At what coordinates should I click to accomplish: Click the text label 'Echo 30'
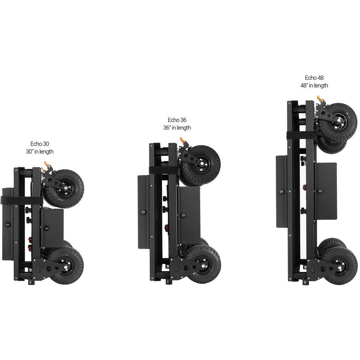click(x=40, y=144)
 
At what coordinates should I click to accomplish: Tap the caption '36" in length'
click(x=177, y=128)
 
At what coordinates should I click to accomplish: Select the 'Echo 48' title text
click(x=314, y=78)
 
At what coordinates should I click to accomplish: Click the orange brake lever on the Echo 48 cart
click(x=320, y=99)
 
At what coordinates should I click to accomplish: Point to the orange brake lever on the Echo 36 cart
click(x=183, y=140)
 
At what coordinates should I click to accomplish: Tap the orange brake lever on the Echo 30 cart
click(x=46, y=164)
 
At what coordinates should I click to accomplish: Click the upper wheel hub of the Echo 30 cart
click(x=66, y=189)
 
